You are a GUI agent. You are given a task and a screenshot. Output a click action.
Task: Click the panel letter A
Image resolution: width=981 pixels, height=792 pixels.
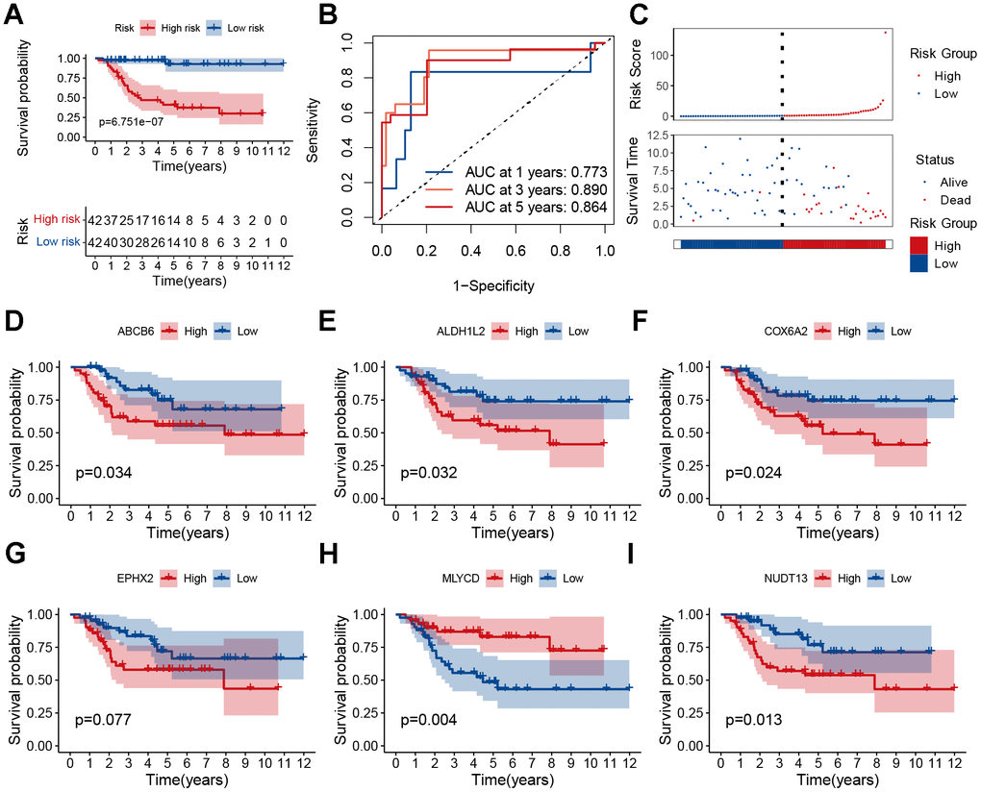pyautogui.click(x=13, y=15)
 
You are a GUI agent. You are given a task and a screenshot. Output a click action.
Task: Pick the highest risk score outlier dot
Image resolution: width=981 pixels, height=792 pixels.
pyautogui.click(x=886, y=33)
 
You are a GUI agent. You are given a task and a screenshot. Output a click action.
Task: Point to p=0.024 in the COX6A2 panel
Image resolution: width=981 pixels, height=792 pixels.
pyautogui.click(x=755, y=473)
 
